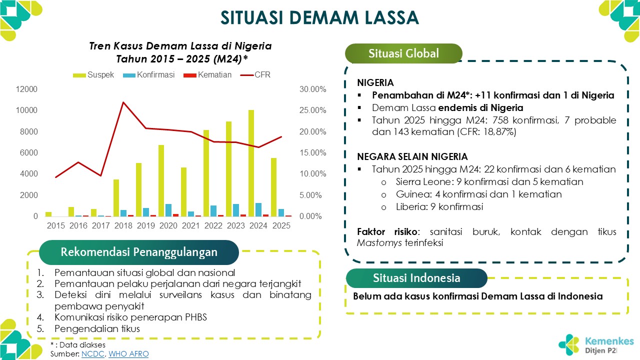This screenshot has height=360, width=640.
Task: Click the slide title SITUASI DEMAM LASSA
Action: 319,17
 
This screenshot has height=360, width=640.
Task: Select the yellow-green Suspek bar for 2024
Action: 251,163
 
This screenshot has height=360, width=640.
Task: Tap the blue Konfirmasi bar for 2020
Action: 168,210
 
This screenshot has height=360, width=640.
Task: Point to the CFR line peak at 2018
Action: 123,102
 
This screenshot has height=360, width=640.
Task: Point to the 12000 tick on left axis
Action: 28,89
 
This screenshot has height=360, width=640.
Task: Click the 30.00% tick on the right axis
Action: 313,89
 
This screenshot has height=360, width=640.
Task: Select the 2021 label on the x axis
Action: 191,226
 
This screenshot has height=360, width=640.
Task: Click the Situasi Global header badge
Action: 403,53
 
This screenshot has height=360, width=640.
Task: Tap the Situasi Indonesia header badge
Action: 416,278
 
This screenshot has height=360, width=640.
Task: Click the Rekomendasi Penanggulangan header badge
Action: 139,252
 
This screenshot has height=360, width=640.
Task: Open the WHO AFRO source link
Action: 128,354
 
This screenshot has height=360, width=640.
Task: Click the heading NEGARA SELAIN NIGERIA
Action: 412,156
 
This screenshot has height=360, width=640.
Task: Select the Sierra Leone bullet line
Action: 489,182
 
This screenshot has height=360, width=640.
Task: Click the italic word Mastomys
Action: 376,243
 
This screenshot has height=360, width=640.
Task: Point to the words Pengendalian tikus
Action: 97,329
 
